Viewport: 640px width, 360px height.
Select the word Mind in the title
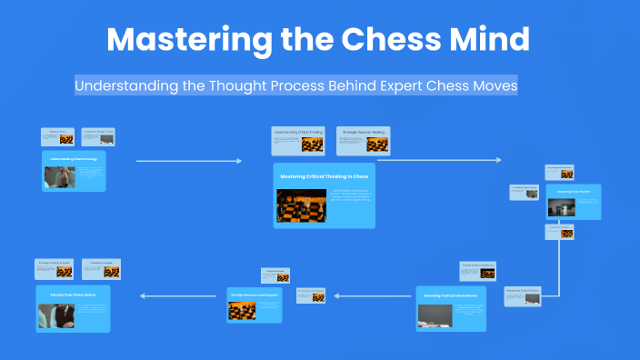495,41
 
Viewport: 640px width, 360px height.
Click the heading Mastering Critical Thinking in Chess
324,175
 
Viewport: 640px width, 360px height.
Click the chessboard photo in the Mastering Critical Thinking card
299,205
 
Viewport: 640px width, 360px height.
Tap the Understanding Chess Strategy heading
74,156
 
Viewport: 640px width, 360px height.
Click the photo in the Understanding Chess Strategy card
59,176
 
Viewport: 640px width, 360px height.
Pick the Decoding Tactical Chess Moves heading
452,296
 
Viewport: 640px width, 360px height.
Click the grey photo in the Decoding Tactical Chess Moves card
435,315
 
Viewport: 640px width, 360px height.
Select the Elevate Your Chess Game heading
73,295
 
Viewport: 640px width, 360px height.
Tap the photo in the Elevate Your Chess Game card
55,315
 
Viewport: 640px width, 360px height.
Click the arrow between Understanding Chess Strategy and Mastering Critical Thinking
188,161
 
